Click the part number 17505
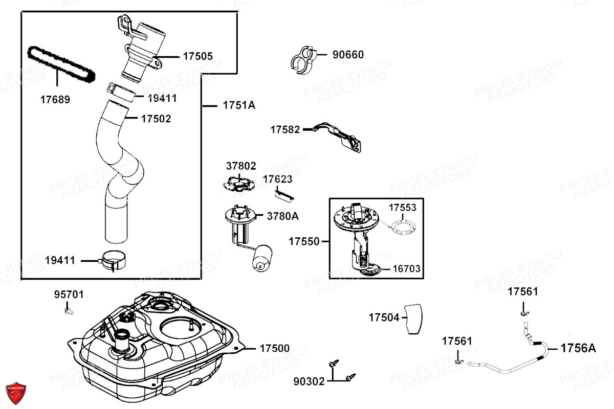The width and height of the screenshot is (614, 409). tap(198, 56)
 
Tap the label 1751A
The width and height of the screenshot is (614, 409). tap(238, 106)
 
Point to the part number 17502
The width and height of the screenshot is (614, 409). tap(156, 119)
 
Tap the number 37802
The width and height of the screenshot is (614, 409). tap(241, 166)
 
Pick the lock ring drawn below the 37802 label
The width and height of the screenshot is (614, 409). tap(239, 184)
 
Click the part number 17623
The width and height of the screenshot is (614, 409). tap(277, 179)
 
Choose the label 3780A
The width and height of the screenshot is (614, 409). tap(282, 216)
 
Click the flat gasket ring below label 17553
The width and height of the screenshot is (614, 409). tap(407, 225)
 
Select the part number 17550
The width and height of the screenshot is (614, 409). tap(304, 241)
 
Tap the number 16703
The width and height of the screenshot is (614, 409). tap(407, 268)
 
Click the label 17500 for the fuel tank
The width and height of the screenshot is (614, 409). tap(274, 349)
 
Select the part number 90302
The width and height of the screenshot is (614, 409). tap(309, 381)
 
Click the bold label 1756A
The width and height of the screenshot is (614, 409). tap(578, 349)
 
